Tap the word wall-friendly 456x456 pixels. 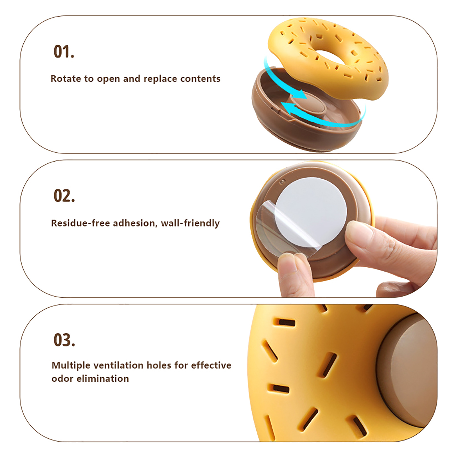(x=190, y=223)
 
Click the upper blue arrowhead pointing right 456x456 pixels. (x=301, y=94)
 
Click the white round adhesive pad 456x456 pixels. (x=311, y=212)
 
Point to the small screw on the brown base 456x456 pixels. (x=283, y=181)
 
